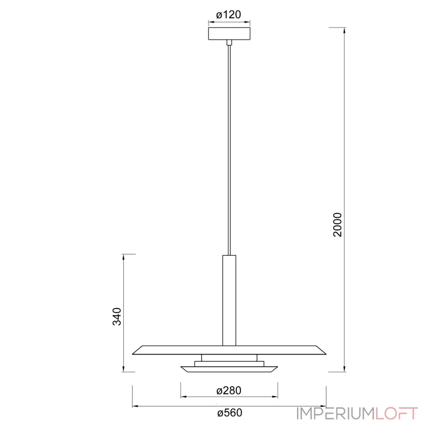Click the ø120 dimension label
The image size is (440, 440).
[x=228, y=15]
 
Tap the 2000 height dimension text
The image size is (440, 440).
[x=338, y=225]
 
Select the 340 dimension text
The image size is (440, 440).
[x=117, y=317]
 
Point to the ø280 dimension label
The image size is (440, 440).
[x=229, y=391]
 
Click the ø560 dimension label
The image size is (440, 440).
[x=229, y=413]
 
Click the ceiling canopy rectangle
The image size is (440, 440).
[x=229, y=34]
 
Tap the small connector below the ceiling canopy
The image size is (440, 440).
[x=229, y=42]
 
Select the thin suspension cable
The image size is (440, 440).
[x=229, y=150]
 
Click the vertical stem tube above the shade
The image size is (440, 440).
[x=229, y=300]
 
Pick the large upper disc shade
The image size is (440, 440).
[x=229, y=350]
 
